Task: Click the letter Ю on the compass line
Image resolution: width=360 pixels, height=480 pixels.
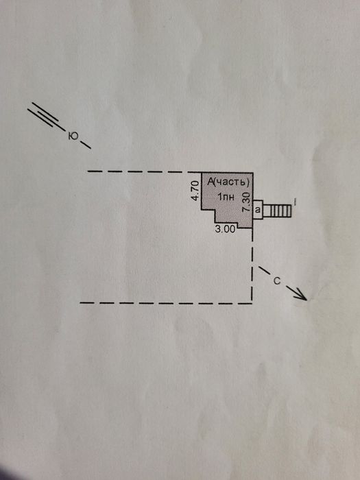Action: coord(73,136)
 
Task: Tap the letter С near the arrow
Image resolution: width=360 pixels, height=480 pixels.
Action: coord(277,281)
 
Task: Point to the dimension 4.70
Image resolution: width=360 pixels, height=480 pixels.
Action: coord(195,191)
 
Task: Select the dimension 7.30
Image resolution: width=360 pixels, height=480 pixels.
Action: coord(246,202)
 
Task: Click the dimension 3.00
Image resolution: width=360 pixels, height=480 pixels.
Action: coord(226,229)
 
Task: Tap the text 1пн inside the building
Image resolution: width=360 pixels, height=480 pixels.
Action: coord(226,197)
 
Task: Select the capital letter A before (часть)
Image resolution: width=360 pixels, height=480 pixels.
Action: coord(211,182)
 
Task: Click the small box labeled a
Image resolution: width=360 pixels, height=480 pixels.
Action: coord(258,210)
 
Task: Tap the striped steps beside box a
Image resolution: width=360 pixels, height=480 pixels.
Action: coord(277,211)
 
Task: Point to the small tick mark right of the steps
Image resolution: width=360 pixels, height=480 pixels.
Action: coord(294,202)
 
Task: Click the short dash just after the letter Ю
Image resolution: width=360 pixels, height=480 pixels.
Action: coord(86,145)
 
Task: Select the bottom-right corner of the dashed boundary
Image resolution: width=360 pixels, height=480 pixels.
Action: coord(252,303)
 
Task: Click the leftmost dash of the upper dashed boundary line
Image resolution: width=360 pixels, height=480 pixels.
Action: coord(95,171)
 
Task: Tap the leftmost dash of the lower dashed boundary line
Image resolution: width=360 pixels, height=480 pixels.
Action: coord(87,303)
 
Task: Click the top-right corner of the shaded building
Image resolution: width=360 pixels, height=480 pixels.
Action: coord(252,173)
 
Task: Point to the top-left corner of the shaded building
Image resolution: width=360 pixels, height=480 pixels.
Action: coord(202,173)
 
